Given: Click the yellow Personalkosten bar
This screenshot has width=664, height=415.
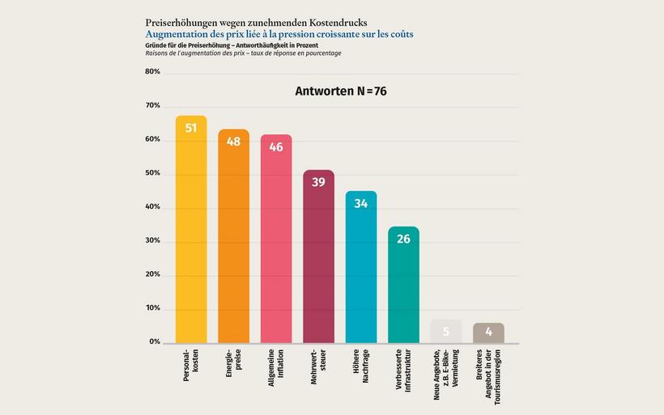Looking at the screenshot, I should (x=191, y=235).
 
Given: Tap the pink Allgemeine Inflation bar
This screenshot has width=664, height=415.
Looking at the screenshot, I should (x=276, y=243).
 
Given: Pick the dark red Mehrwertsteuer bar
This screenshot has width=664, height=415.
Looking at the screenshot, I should (x=318, y=259).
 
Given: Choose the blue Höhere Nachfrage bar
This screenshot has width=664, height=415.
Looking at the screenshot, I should (x=361, y=271).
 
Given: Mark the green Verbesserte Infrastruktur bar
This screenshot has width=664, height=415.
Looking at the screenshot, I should (x=403, y=287).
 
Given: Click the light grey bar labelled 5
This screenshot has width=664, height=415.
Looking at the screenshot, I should (x=445, y=331).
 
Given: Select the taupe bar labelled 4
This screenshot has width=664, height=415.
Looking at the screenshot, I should (x=488, y=332).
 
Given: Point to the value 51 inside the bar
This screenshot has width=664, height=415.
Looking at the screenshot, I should (x=191, y=128).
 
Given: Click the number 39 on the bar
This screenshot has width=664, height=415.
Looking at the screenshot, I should (x=318, y=183).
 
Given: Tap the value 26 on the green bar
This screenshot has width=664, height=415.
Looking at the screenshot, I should (x=403, y=239).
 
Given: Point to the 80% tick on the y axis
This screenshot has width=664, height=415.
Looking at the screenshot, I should (x=152, y=72).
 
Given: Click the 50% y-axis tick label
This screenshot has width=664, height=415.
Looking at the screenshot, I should (x=152, y=174).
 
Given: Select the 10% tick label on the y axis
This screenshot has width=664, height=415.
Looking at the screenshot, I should (x=152, y=309).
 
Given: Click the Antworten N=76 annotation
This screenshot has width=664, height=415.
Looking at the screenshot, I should (x=340, y=91).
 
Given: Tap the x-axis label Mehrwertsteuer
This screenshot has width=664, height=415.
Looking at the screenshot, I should (x=318, y=371).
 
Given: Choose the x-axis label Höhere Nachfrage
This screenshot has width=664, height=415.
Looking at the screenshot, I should (x=361, y=371).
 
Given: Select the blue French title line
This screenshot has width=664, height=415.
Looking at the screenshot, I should (x=279, y=34).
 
